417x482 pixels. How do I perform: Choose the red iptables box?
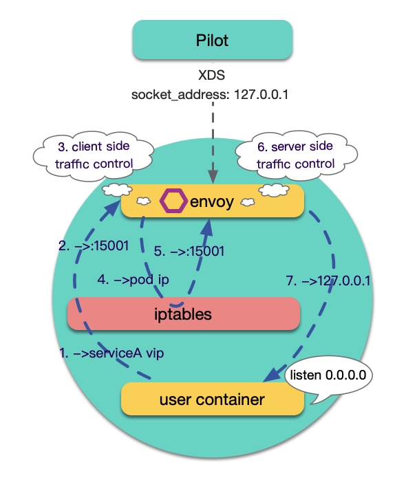[184, 314]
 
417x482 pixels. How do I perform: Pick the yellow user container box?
[212, 399]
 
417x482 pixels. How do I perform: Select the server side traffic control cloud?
[295, 156]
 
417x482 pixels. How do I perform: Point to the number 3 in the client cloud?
[60, 146]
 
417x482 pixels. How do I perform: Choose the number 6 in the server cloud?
[261, 148]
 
